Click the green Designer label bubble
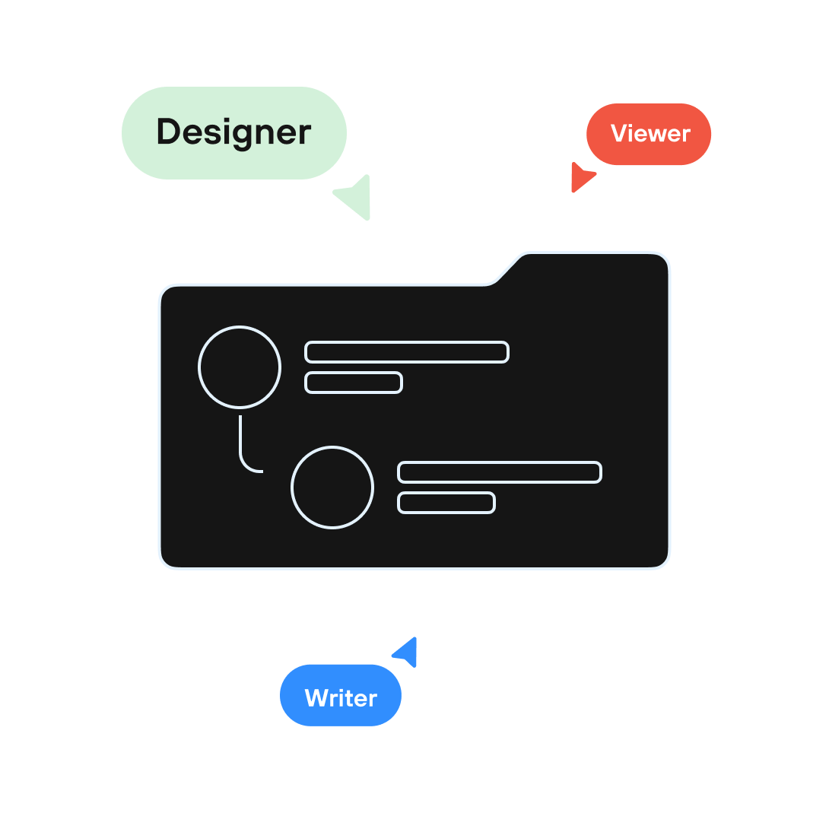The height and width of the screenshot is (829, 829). [x=234, y=133]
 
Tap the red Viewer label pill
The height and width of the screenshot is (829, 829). [x=649, y=134]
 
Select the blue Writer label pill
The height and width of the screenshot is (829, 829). [x=341, y=695]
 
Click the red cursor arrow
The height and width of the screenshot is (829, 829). [x=580, y=177]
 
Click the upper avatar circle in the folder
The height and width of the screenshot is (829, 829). [x=240, y=367]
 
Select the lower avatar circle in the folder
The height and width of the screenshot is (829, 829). [x=332, y=488]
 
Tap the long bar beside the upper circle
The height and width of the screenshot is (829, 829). [x=407, y=352]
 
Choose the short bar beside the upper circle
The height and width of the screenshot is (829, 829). [x=354, y=383]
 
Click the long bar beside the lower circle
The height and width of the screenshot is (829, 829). [x=500, y=472]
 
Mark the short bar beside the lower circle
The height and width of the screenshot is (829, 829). [x=446, y=503]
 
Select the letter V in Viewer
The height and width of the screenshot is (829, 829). [x=619, y=134]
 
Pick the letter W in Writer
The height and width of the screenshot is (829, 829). [x=316, y=698]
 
